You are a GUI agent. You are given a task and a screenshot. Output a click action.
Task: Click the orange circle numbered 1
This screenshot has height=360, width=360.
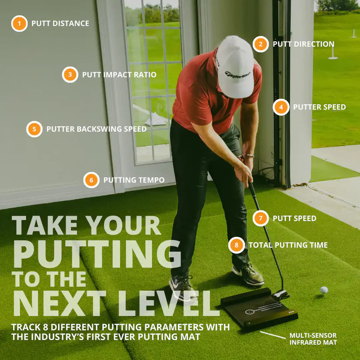[19, 23]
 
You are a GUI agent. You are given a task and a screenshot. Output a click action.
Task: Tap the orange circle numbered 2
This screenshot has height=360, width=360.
[261, 44]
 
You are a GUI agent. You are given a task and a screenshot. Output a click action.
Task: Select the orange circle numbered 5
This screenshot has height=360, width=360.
[34, 129]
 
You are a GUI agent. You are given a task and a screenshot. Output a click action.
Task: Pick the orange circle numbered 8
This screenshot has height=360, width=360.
[237, 245]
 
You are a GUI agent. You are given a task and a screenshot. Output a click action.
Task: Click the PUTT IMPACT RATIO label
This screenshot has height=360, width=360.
[119, 75]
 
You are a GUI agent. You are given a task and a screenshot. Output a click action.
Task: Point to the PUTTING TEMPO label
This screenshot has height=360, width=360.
[134, 180]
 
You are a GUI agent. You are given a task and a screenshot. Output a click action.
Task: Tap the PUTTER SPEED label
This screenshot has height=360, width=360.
[319, 107]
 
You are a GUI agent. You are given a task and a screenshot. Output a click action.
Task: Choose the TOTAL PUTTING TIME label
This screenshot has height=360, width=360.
[288, 245]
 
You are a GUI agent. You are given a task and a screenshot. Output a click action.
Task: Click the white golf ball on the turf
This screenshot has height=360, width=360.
[324, 290]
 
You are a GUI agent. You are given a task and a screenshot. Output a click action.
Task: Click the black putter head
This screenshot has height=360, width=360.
[280, 294]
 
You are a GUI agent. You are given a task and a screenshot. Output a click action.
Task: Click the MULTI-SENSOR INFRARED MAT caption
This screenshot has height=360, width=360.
[313, 339]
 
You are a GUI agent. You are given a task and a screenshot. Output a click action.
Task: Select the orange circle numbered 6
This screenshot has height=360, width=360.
[91, 180]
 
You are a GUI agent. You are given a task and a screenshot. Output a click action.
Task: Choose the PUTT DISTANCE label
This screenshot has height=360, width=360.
[60, 23]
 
